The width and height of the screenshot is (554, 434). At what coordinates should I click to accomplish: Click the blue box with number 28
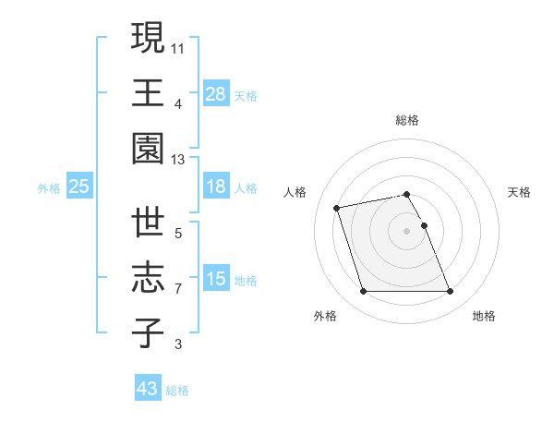(x=215, y=93)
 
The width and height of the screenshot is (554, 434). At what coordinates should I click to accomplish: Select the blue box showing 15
(x=215, y=278)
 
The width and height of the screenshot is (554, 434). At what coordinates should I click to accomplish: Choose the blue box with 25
(x=78, y=187)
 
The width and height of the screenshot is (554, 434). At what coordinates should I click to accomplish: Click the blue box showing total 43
(x=147, y=389)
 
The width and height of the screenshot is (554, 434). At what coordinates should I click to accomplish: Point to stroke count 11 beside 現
(x=178, y=46)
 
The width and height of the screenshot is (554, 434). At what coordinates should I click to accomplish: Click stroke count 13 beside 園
(x=178, y=160)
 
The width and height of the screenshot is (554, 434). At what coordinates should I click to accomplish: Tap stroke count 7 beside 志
(x=178, y=289)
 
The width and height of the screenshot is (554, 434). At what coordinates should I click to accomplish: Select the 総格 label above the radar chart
(x=407, y=120)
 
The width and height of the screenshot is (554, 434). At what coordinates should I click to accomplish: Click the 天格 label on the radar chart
(x=520, y=192)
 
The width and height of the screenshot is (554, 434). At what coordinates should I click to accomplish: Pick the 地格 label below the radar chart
(x=484, y=316)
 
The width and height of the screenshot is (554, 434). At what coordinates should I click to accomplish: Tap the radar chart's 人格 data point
(x=337, y=207)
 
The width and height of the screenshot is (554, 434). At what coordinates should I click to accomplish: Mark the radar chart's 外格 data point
(x=363, y=292)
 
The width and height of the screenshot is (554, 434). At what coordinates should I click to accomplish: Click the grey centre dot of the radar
(x=407, y=230)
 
